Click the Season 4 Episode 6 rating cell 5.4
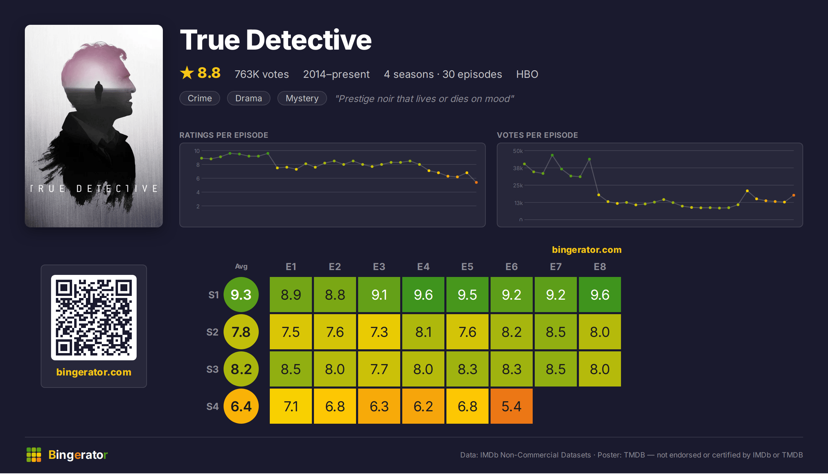pyautogui.click(x=512, y=406)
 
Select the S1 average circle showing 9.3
pyautogui.click(x=241, y=295)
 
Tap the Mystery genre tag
pyautogui.click(x=302, y=98)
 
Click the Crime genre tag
pyautogui.click(x=200, y=98)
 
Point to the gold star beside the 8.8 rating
pyautogui.click(x=187, y=73)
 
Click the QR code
pyautogui.click(x=94, y=318)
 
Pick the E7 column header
pyautogui.click(x=556, y=267)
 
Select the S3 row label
pyautogui.click(x=213, y=369)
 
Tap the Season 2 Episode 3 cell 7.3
pyautogui.click(x=379, y=332)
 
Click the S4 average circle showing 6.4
pyautogui.click(x=241, y=406)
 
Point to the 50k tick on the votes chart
pyautogui.click(x=518, y=151)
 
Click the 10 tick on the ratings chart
pyautogui.click(x=197, y=151)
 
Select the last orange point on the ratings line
pyautogui.click(x=476, y=182)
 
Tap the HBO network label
pyautogui.click(x=527, y=74)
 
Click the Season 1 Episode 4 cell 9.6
pyautogui.click(x=423, y=295)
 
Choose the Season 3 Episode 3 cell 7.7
pyautogui.click(x=379, y=369)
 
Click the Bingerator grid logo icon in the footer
pyautogui.click(x=34, y=455)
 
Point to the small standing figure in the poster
pyautogui.click(x=99, y=90)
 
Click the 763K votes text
pyautogui.click(x=262, y=74)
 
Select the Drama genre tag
pyautogui.click(x=248, y=98)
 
